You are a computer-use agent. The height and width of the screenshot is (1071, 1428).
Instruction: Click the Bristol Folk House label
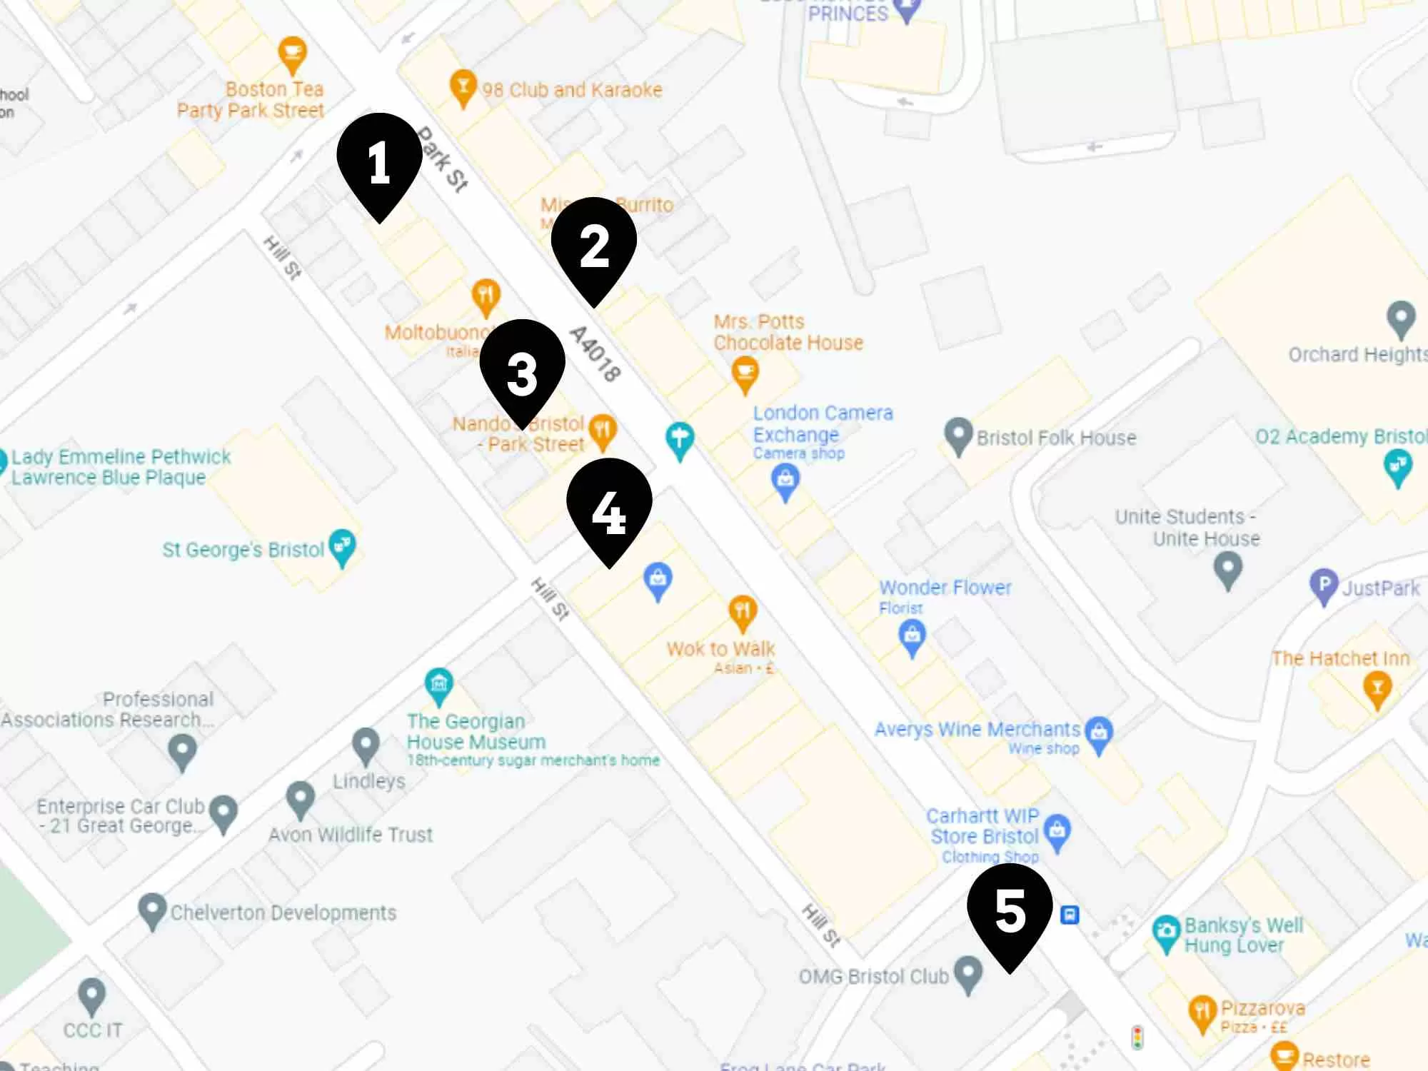pyautogui.click(x=1056, y=438)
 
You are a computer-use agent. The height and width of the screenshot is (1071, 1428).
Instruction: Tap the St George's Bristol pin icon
pyautogui.click(x=342, y=547)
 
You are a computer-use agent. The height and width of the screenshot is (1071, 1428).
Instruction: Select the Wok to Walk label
pyautogui.click(x=720, y=649)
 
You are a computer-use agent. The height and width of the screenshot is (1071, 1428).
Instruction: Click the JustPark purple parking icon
pyautogui.click(x=1324, y=586)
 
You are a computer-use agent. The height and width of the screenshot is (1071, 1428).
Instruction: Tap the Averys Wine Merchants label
pyautogui.click(x=977, y=729)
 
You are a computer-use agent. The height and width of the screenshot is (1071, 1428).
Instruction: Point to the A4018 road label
pyautogui.click(x=595, y=353)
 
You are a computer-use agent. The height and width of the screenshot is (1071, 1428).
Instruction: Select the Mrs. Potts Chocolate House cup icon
pyautogui.click(x=745, y=373)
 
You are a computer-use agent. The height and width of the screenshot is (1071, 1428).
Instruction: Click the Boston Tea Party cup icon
pyautogui.click(x=292, y=54)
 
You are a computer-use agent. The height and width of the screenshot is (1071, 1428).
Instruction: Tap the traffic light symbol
pyautogui.click(x=1137, y=1037)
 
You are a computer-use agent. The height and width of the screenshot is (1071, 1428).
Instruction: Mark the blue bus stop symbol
pyautogui.click(x=1070, y=915)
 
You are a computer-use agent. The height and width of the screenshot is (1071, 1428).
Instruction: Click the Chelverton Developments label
pyautogui.click(x=283, y=912)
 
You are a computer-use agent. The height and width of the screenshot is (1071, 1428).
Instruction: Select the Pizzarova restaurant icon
pyautogui.click(x=1202, y=1012)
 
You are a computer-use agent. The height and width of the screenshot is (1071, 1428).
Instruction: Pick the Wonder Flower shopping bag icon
pyautogui.click(x=912, y=635)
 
